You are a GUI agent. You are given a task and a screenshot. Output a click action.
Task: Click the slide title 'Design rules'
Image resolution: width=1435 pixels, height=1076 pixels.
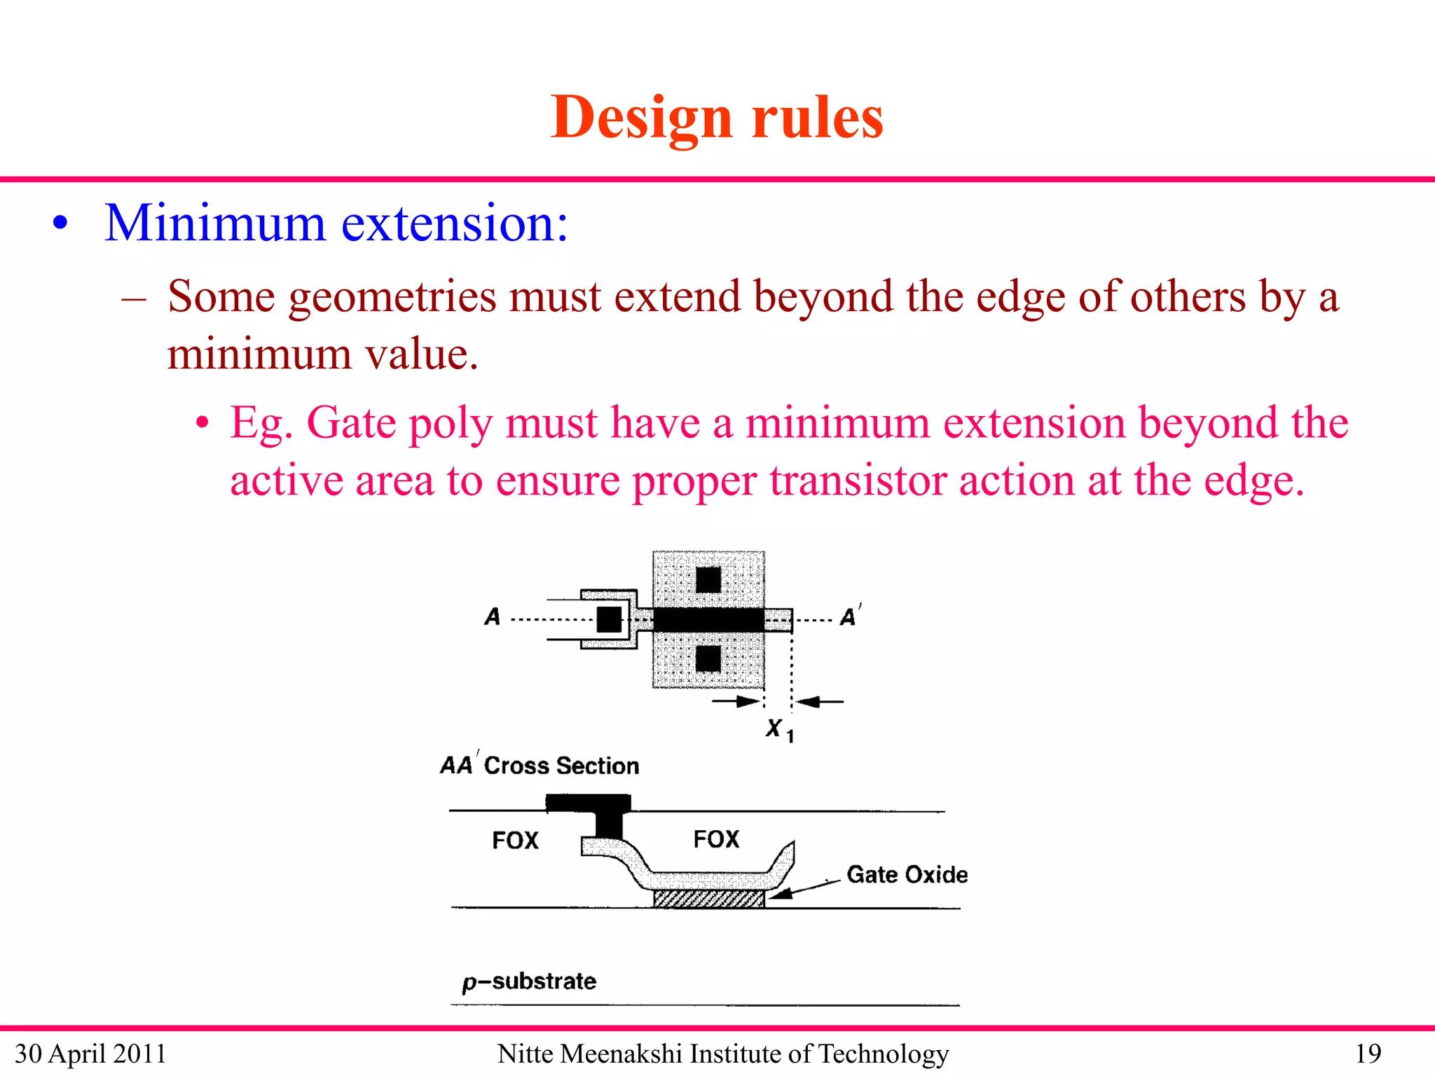[x=716, y=118]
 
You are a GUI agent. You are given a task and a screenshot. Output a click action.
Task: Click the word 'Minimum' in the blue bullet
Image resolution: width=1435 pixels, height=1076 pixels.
[x=214, y=224]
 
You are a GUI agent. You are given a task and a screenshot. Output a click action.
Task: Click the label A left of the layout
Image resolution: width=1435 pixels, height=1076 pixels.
[x=493, y=617]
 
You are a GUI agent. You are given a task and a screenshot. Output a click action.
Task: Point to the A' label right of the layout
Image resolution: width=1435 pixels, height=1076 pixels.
[x=849, y=617]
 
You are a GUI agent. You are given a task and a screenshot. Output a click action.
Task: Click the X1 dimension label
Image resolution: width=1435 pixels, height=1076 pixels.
[x=778, y=730]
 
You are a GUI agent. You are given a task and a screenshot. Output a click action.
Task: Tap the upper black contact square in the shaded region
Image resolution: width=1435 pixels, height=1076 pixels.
[x=708, y=580]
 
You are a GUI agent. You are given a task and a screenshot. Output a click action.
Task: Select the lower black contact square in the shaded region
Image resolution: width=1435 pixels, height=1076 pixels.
[x=708, y=658]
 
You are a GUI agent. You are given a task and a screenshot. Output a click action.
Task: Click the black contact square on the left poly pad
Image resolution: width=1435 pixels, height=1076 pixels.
[x=609, y=619]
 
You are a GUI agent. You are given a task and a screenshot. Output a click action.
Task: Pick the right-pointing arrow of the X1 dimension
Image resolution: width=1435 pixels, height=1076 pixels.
[x=737, y=701]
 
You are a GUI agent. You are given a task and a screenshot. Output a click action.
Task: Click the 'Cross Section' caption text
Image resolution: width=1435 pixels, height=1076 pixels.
[x=561, y=766]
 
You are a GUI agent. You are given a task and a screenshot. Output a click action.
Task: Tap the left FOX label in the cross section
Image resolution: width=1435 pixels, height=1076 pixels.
[x=515, y=840]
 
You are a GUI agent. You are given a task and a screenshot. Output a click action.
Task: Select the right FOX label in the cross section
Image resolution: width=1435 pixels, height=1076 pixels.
[x=716, y=839]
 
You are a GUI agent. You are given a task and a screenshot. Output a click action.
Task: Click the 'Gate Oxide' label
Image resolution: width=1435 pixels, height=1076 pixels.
[x=907, y=875]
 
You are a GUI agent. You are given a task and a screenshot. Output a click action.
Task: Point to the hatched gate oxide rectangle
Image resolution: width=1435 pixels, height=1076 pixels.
[x=708, y=899]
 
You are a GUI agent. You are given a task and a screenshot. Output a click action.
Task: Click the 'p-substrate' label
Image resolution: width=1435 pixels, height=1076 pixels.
[x=529, y=981]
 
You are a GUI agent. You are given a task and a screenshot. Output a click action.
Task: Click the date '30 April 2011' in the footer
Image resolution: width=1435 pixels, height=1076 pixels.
[x=90, y=1054]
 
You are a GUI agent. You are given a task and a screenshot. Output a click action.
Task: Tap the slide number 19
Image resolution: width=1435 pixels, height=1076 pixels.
[x=1368, y=1054]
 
